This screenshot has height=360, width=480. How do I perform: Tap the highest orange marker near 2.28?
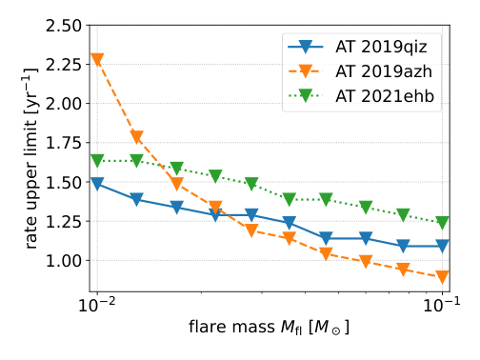click(x=97, y=60)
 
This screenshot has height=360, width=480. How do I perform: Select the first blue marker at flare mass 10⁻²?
click(x=97, y=184)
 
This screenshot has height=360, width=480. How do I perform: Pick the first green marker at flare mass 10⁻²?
click(x=97, y=160)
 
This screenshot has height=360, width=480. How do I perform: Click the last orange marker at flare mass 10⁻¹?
click(x=442, y=277)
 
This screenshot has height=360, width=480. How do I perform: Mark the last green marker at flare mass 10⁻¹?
click(x=442, y=222)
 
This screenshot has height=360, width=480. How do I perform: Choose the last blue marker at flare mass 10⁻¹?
click(x=442, y=247)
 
